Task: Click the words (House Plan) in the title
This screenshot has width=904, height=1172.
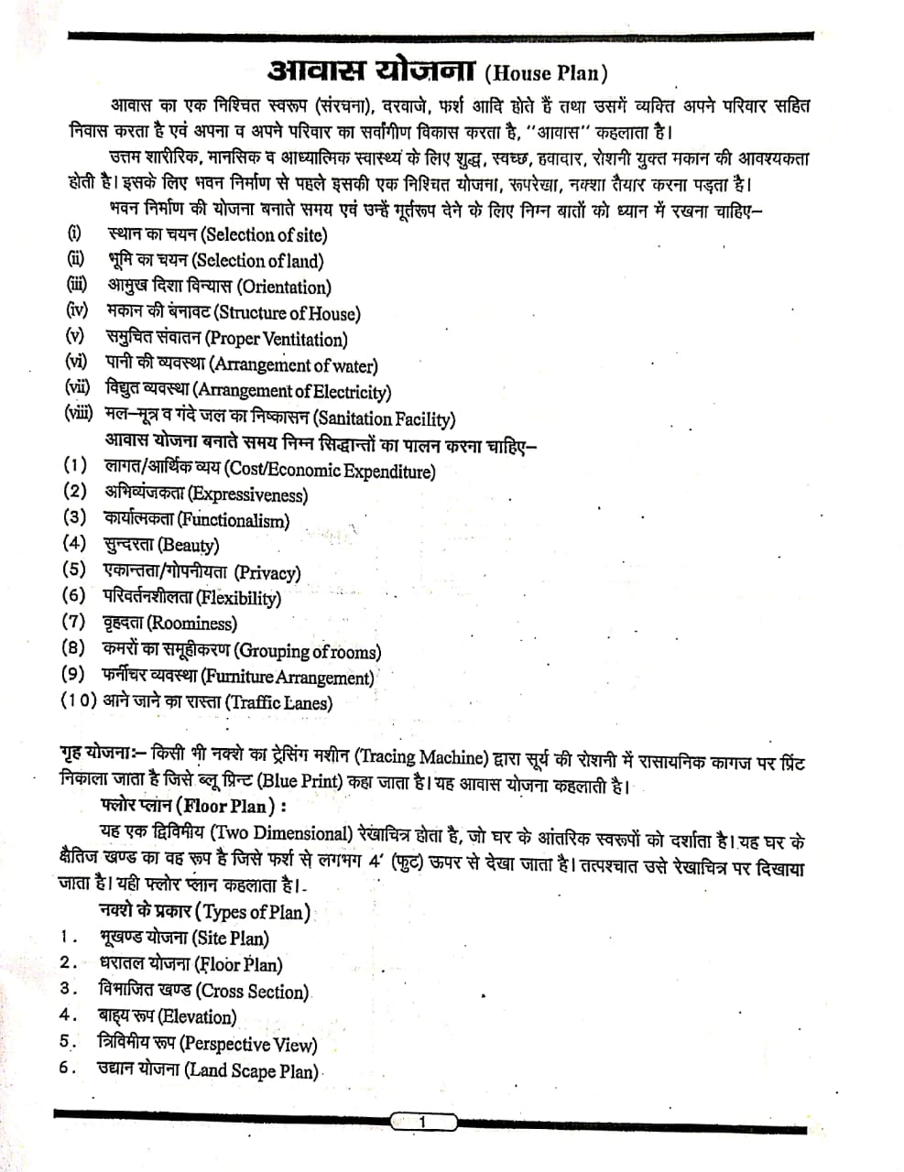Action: click(x=546, y=73)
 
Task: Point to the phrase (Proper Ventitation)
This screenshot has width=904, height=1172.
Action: click(x=278, y=340)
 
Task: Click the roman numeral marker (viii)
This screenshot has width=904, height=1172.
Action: click(x=79, y=413)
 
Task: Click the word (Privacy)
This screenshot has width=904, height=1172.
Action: click(x=267, y=573)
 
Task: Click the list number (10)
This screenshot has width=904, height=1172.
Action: click(x=79, y=701)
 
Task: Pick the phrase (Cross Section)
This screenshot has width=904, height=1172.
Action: click(x=253, y=992)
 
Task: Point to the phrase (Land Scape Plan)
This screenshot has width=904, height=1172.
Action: click(x=251, y=1070)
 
